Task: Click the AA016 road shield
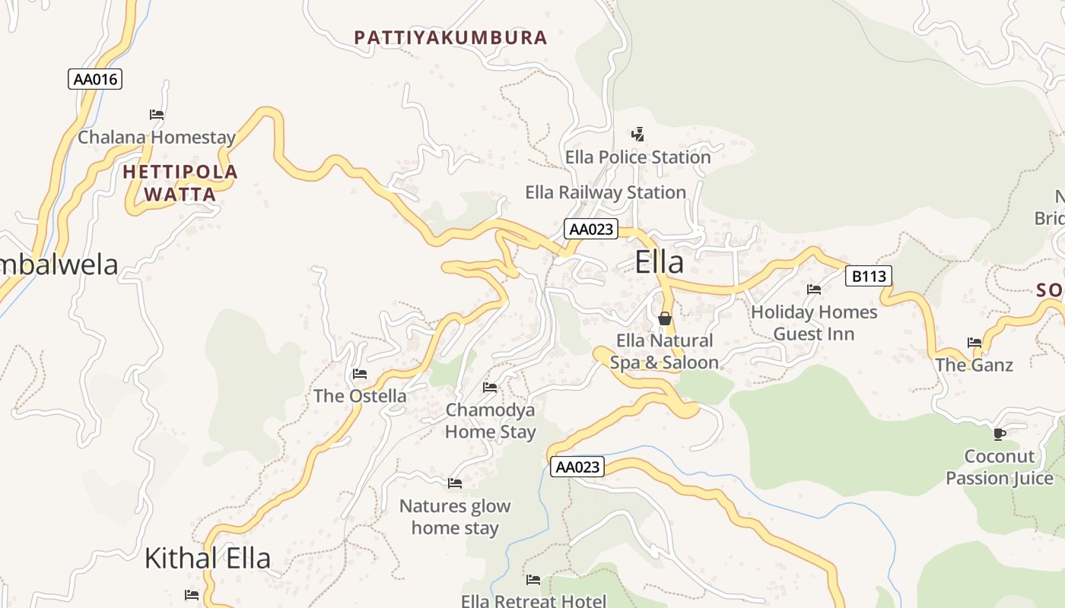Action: click(95, 79)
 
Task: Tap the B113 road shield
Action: click(869, 276)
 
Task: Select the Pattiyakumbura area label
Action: click(451, 37)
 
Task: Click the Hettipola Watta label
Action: click(180, 183)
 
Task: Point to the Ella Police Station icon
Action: click(637, 135)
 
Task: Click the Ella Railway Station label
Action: click(606, 192)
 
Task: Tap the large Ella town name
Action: click(659, 262)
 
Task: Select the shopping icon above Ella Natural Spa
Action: click(665, 318)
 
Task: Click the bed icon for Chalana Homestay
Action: click(157, 115)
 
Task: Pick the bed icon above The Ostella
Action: click(360, 373)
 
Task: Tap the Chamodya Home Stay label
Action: click(490, 421)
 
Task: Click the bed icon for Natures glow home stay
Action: click(455, 483)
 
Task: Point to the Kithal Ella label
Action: click(207, 559)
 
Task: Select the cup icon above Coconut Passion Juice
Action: click(1000, 434)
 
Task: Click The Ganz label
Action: click(974, 365)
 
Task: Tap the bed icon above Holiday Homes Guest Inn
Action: click(814, 289)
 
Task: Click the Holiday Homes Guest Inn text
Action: click(814, 323)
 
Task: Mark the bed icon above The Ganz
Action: click(974, 343)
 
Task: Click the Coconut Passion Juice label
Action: click(1000, 467)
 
